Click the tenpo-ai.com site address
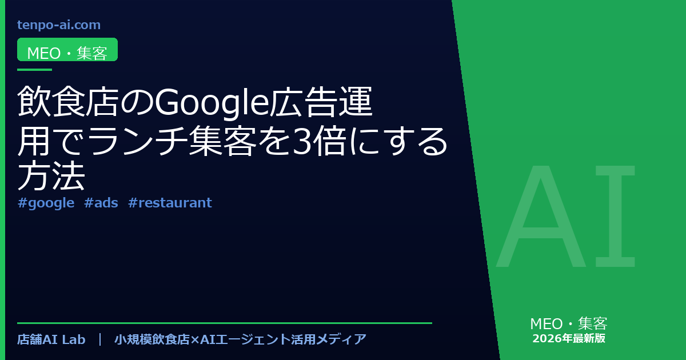(59, 25)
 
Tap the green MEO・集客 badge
(67, 50)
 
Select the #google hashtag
(46, 203)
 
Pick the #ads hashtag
(101, 203)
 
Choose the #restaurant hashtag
(170, 203)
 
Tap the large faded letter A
(541, 216)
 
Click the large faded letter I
(615, 216)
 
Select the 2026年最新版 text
(569, 338)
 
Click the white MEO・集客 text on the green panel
(569, 323)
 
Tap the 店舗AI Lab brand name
(51, 339)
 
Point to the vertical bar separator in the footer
(100, 339)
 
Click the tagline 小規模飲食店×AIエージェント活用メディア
(241, 339)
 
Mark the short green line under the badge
(35, 70)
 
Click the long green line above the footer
(225, 323)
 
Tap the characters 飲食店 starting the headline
(68, 102)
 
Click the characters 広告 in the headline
(304, 102)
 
